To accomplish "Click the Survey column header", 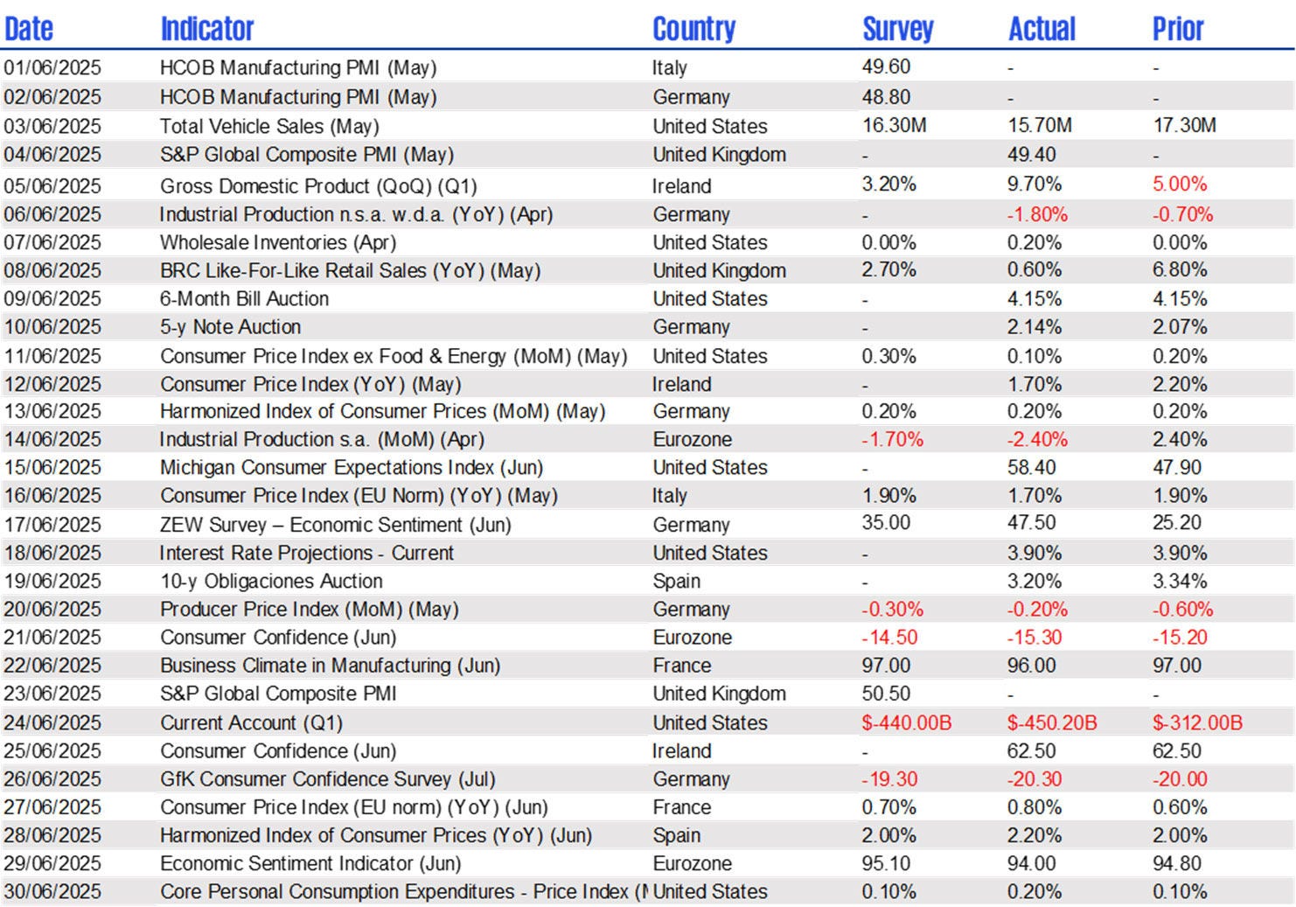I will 897,29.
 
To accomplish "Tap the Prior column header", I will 1177,29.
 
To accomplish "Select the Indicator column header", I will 207,29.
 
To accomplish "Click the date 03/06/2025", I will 52,126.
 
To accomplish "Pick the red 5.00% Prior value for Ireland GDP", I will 1180,184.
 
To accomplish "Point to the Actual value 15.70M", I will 1039,125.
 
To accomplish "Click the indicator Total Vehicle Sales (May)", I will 269,126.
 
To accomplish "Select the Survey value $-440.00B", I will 906,722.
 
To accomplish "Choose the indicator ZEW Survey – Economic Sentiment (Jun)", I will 335,525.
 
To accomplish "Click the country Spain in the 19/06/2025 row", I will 676,581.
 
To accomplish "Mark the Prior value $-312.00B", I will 1197,722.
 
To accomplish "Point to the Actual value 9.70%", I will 1034,184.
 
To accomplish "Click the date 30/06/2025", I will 52,891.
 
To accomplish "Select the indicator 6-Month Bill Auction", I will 244,298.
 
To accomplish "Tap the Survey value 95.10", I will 886,863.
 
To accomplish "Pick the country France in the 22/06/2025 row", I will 681,666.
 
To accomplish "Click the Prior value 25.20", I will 1177,523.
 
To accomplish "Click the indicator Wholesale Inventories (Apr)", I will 277,242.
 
